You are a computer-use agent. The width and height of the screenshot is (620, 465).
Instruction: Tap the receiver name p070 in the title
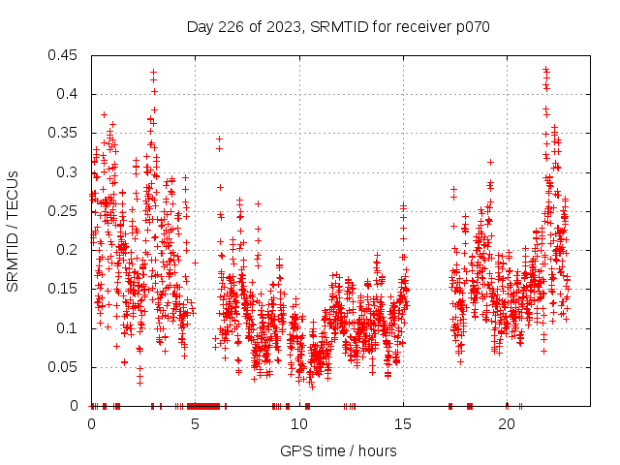click(x=472, y=27)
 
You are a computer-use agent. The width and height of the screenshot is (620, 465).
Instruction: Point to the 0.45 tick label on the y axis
click(x=65, y=55)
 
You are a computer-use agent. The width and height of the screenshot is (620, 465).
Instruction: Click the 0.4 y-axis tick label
click(x=69, y=94)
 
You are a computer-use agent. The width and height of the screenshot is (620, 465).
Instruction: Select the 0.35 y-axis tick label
click(x=65, y=133)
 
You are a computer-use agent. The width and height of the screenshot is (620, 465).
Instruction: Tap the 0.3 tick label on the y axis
click(x=69, y=172)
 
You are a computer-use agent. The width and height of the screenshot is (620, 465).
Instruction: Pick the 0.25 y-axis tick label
click(x=65, y=211)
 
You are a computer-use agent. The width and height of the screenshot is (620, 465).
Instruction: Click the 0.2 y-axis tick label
click(x=69, y=250)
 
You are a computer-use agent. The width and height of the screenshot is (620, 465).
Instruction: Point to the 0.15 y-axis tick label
click(x=65, y=289)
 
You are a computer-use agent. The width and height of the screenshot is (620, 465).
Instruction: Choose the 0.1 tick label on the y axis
click(x=69, y=327)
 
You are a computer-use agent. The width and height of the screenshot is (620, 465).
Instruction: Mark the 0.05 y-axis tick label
click(x=65, y=367)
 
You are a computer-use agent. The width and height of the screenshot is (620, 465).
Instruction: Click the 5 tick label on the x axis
click(x=196, y=424)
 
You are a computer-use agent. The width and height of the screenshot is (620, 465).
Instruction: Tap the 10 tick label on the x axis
click(x=299, y=424)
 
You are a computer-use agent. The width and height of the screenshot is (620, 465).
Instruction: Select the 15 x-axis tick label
click(x=403, y=424)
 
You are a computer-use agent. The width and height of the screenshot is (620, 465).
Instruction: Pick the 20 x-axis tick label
click(x=507, y=424)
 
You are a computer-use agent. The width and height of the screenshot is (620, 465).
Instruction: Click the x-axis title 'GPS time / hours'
click(x=338, y=450)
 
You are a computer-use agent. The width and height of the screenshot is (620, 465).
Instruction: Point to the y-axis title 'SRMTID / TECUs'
click(x=13, y=231)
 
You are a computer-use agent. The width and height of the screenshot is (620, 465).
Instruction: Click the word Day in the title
click(x=199, y=27)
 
